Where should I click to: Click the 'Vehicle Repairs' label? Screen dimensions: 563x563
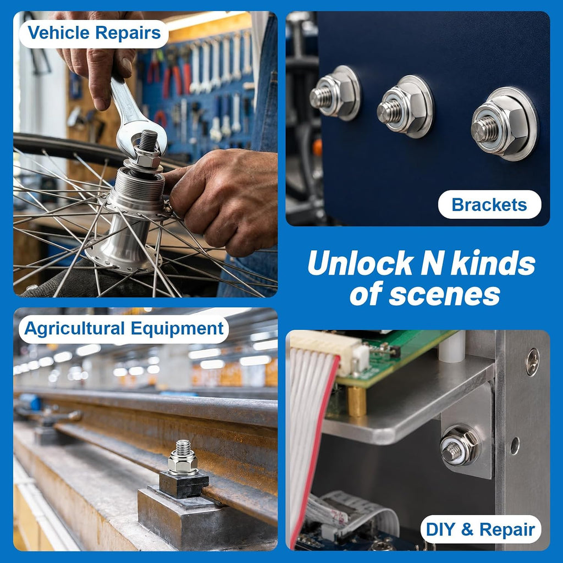pos(94,32)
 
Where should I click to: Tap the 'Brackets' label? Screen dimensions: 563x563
pos(489,205)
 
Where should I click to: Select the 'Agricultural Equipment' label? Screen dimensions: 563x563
pos(124,329)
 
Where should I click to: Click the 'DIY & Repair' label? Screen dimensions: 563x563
pos(481,529)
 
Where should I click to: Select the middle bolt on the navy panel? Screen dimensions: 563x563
pos(405,107)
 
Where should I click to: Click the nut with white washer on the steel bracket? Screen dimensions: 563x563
pos(459,445)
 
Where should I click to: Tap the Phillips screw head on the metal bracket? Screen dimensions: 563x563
pos(532,362)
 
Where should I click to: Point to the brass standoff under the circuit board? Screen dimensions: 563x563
pos(357,401)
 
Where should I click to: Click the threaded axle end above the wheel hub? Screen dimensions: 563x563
pos(148,140)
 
